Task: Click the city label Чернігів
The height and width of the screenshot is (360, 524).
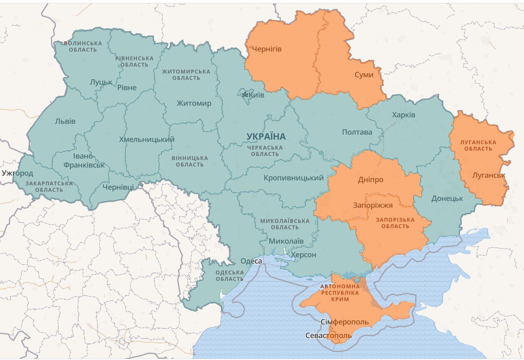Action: (267, 49)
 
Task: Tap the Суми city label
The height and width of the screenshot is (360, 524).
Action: (364, 75)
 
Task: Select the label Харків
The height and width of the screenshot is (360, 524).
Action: (404, 115)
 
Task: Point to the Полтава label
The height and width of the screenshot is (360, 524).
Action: (357, 132)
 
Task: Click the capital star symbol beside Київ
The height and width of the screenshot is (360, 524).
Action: (245, 95)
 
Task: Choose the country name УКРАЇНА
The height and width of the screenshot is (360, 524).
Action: (266, 137)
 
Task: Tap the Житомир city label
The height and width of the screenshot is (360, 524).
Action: (194, 103)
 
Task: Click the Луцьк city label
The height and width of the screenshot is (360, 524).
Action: (101, 82)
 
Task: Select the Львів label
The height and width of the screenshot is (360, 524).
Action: (65, 121)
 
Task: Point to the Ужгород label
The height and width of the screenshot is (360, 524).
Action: (17, 173)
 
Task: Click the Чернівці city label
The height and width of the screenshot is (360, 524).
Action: (118, 187)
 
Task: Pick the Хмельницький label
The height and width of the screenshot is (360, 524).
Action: (147, 139)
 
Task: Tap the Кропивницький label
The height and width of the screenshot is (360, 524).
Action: (294, 178)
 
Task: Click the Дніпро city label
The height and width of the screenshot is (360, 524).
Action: (371, 180)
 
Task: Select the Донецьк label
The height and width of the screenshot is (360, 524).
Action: (447, 199)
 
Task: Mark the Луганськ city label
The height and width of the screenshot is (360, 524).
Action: (488, 175)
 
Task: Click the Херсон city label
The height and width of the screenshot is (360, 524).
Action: (304, 255)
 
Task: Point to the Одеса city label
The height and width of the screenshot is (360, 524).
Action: (251, 261)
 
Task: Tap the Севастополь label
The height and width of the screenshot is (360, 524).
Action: (328, 336)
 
